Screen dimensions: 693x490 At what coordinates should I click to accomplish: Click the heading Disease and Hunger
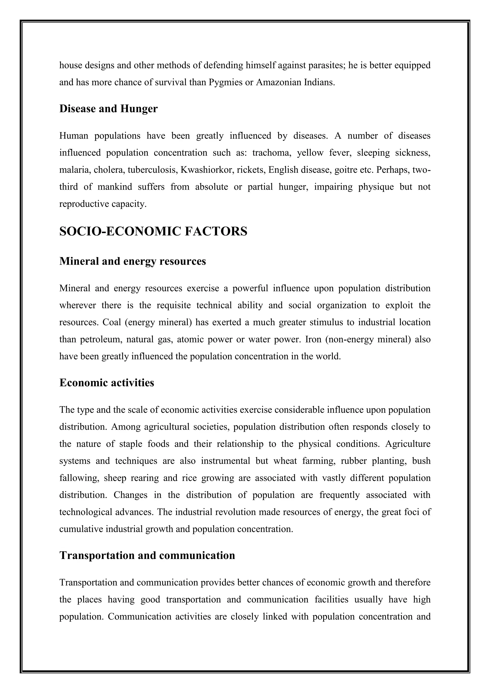pos(108,109)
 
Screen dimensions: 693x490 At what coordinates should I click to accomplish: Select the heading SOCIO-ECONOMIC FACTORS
pos(153,231)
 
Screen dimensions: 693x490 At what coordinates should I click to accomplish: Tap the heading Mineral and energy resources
pos(133,261)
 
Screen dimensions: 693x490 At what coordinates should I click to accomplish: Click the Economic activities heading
pos(106,383)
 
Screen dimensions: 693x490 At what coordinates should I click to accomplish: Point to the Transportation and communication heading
pos(147,555)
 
